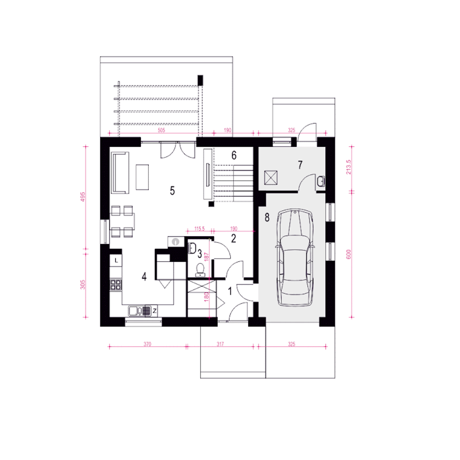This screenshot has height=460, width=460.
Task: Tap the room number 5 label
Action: pyautogui.click(x=172, y=191)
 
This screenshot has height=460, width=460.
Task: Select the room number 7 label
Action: pyautogui.click(x=300, y=165)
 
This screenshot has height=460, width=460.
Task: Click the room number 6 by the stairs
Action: pyautogui.click(x=234, y=155)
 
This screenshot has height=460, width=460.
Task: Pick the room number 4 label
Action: pyautogui.click(x=144, y=277)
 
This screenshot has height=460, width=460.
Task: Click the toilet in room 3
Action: pyautogui.click(x=200, y=270)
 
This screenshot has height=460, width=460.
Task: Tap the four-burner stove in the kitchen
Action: pyautogui.click(x=116, y=285)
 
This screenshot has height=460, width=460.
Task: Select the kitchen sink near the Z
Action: pyautogui.click(x=139, y=311)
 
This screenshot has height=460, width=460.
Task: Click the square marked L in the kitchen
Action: pyautogui.click(x=116, y=261)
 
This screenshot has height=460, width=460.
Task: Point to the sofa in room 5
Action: pyautogui.click(x=120, y=173)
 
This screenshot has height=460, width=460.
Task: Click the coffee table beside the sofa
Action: pyautogui.click(x=142, y=177)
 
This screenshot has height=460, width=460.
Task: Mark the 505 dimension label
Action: pyautogui.click(x=162, y=130)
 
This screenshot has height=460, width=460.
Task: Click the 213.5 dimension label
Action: pyautogui.click(x=349, y=167)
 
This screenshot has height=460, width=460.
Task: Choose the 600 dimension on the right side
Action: pyautogui.click(x=349, y=254)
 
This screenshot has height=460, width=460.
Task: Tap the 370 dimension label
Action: pyautogui.click(x=147, y=344)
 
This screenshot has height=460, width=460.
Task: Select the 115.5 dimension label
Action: pyautogui.click(x=199, y=229)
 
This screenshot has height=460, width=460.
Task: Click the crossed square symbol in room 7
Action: pyautogui.click(x=271, y=178)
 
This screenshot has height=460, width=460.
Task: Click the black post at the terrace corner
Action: pyautogui.click(x=200, y=80)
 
